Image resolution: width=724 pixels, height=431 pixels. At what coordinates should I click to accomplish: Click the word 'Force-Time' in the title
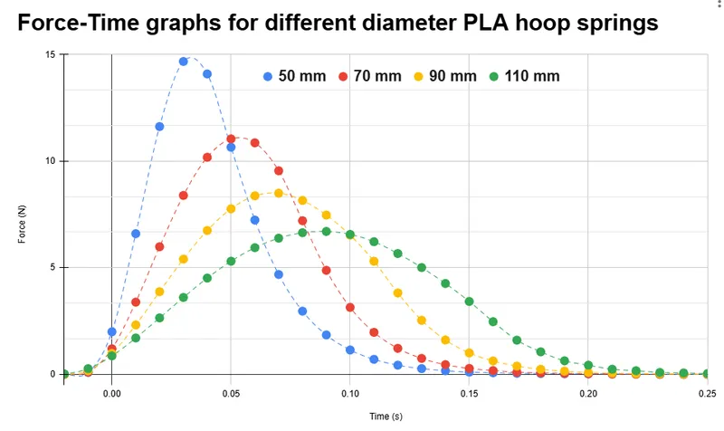click(79, 22)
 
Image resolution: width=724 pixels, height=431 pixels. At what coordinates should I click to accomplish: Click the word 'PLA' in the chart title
click(486, 22)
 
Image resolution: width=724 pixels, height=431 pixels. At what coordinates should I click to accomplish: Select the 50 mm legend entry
click(295, 76)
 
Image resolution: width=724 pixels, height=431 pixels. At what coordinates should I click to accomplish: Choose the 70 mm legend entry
click(370, 76)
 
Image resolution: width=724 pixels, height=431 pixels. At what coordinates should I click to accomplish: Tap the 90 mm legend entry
click(445, 76)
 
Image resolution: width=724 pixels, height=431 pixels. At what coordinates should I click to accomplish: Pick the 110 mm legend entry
click(525, 76)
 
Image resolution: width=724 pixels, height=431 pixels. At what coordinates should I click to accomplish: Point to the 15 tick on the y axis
click(50, 54)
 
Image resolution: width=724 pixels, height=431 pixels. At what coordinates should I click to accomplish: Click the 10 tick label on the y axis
click(50, 161)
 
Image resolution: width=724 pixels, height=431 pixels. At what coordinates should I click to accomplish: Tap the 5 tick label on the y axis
click(52, 267)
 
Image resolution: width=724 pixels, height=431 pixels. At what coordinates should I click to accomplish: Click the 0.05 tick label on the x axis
click(231, 394)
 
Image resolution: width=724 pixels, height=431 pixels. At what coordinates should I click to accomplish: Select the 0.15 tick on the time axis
click(469, 394)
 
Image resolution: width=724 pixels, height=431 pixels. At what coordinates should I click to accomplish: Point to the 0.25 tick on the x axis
click(708, 394)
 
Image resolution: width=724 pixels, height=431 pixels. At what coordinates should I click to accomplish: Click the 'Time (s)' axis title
click(386, 417)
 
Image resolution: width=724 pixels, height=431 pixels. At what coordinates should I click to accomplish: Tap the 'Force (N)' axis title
click(22, 224)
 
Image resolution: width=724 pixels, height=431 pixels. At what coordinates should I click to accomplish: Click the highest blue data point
click(184, 62)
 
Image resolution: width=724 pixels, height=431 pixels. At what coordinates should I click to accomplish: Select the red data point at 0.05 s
click(231, 139)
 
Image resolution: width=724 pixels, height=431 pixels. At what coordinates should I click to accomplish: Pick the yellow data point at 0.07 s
click(279, 193)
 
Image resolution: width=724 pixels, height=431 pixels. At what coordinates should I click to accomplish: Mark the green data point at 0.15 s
click(469, 302)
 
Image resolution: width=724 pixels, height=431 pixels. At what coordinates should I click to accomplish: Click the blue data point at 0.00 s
click(111, 331)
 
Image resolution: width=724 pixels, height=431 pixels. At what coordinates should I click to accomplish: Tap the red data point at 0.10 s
click(350, 307)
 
